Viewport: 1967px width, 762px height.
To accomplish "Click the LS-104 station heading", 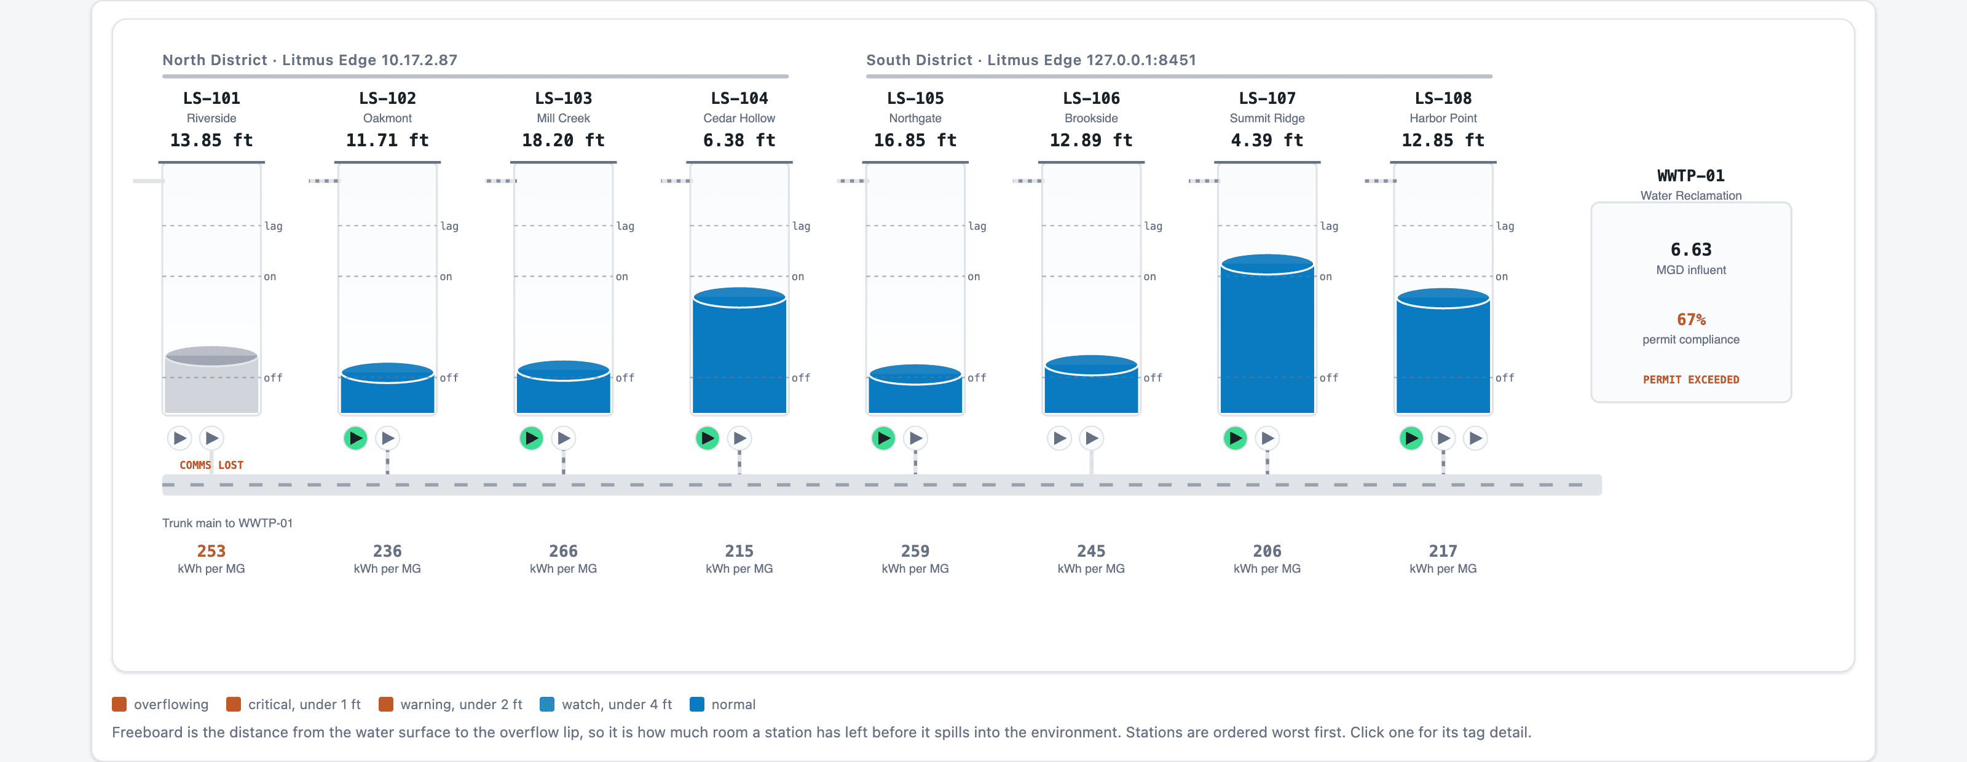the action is point(739,98).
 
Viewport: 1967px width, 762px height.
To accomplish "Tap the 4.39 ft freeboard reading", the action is point(1267,141).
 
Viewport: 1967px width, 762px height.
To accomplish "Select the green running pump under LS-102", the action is point(355,438).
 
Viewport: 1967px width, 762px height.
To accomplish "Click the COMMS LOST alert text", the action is point(211,465).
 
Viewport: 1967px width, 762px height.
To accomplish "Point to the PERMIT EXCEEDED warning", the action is point(1690,380).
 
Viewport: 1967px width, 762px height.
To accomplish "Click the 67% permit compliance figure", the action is point(1690,319).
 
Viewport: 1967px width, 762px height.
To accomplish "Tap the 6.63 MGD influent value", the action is point(1690,249).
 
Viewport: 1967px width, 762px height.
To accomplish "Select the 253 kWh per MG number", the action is point(211,551).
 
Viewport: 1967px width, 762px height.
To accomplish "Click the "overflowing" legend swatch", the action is point(119,704).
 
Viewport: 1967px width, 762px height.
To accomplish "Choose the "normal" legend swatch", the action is point(696,704).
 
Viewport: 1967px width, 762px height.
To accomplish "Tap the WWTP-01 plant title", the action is point(1690,176).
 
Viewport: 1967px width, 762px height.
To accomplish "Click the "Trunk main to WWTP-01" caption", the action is point(227,523).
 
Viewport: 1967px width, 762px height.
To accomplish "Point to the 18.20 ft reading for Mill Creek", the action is point(564,141).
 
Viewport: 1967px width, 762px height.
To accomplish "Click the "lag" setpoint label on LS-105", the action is point(977,226).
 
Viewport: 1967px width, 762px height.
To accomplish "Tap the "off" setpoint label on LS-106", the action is point(1153,378).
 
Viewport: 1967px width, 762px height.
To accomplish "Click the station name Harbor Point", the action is point(1443,119).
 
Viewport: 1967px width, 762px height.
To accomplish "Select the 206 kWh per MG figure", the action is point(1267,551).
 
